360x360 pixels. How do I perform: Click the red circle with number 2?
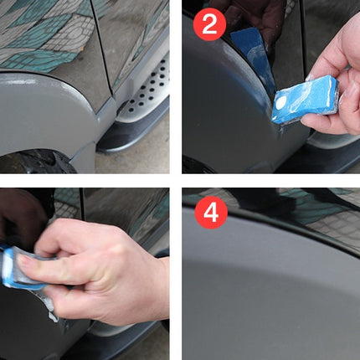pos(209,24)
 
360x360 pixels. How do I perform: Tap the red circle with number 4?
pos(211,213)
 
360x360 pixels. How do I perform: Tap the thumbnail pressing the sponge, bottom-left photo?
pos(23,261)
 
